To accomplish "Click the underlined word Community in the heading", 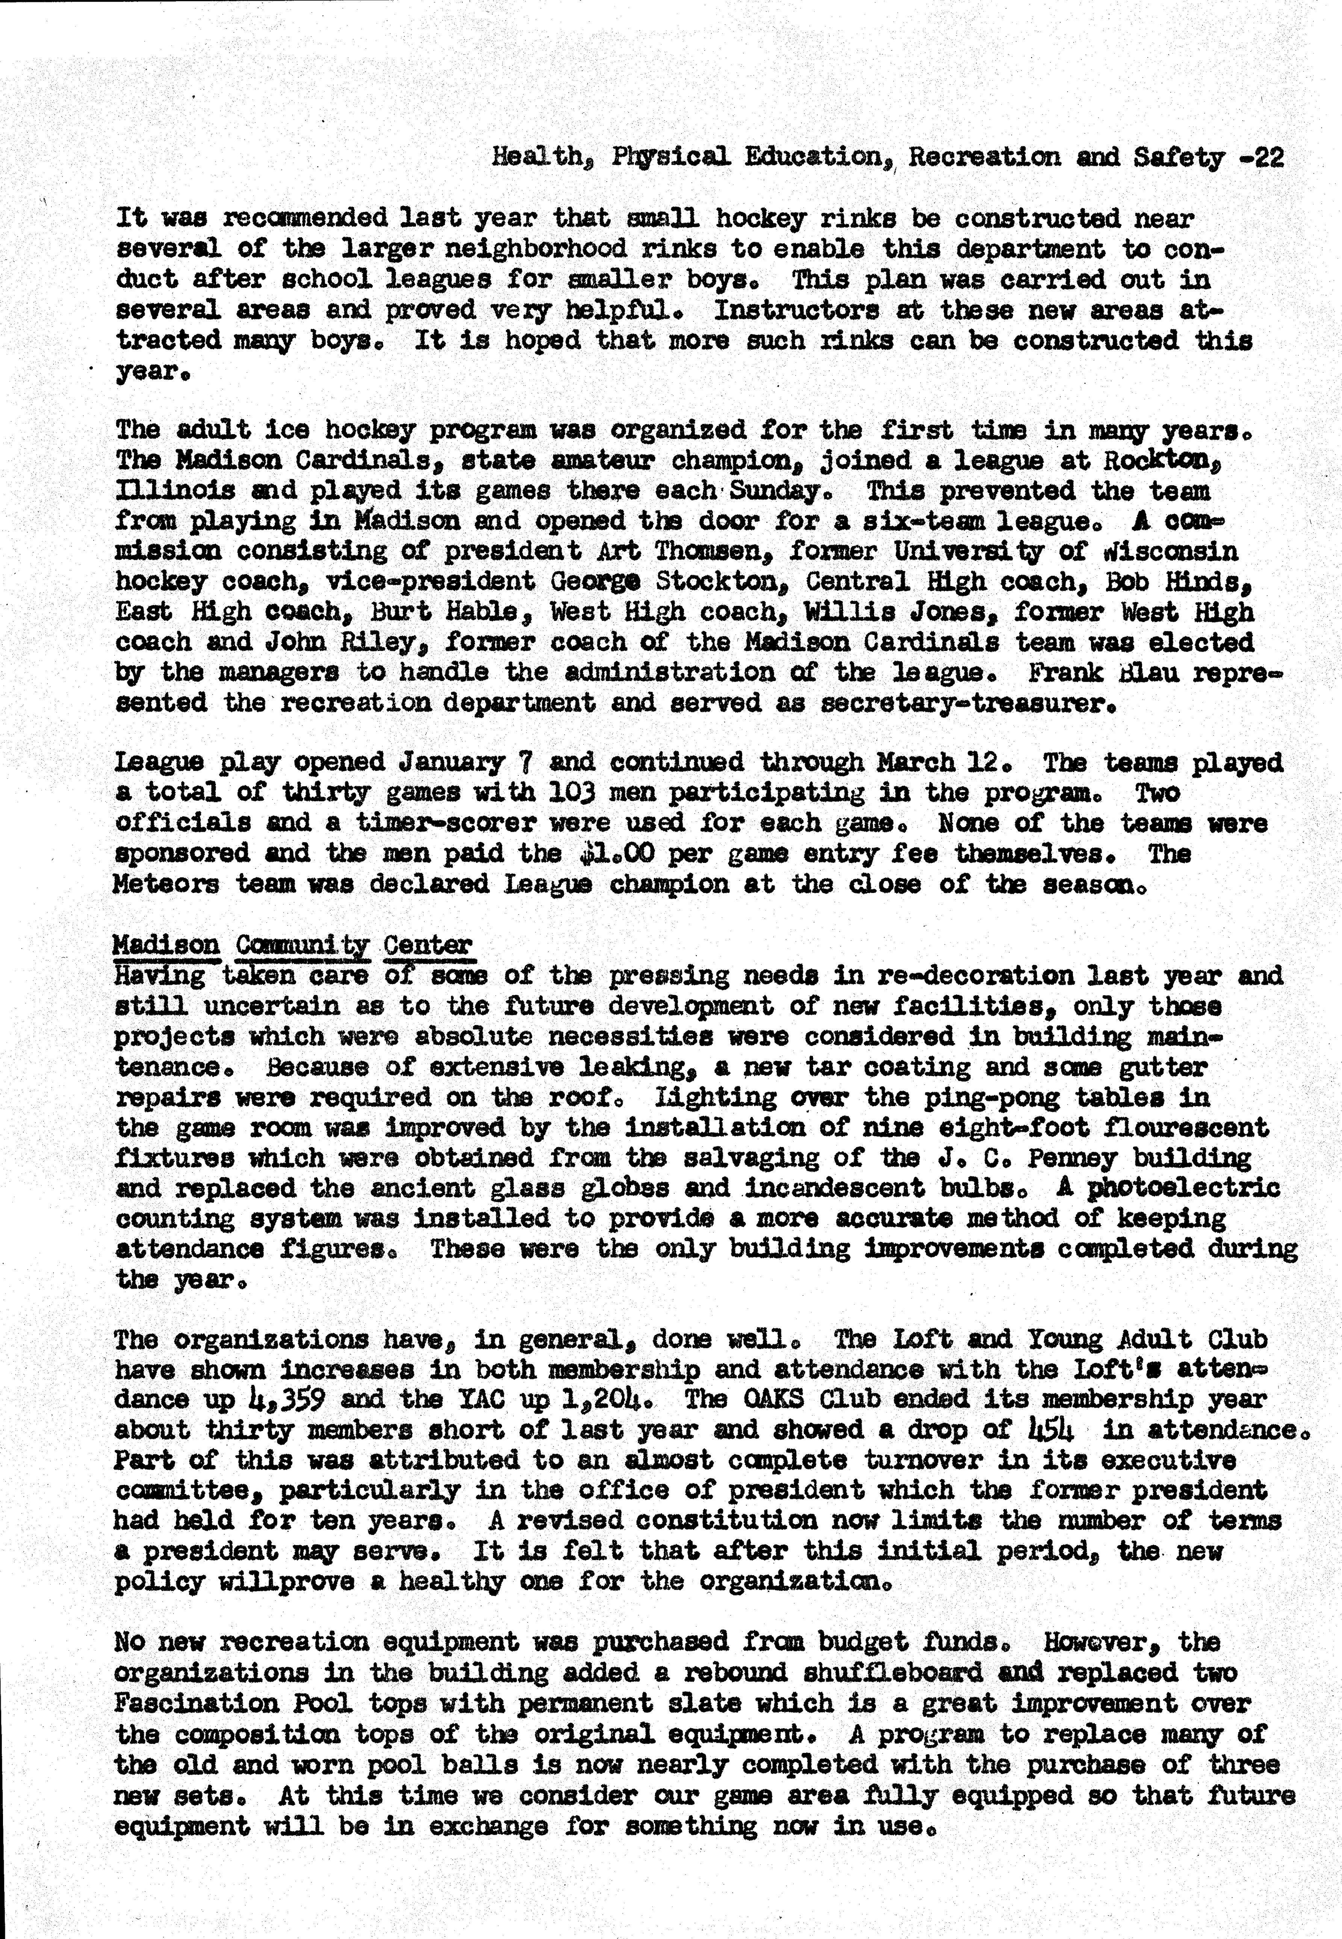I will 303,945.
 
